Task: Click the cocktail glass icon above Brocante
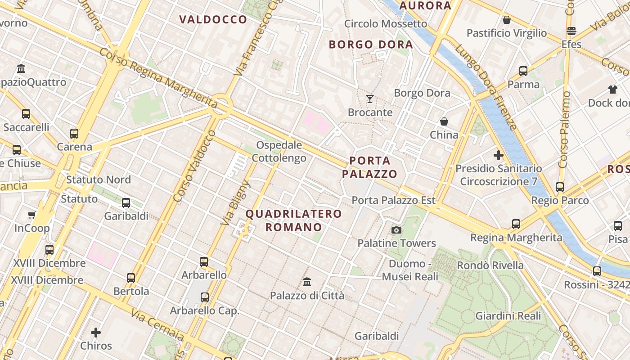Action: point(370,99)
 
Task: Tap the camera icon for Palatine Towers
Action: point(396,230)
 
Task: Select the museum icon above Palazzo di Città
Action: point(307,282)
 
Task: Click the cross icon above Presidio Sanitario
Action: point(498,155)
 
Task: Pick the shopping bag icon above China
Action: point(444,121)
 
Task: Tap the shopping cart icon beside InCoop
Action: point(31,215)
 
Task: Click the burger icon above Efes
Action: point(571,31)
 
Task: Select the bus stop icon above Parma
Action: point(523,71)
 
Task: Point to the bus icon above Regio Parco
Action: point(560,187)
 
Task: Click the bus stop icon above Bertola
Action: point(131,278)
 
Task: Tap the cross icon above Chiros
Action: point(96,333)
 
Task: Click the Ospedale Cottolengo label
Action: point(279,152)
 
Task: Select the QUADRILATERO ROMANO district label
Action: point(294,220)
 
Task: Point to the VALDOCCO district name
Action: point(213,19)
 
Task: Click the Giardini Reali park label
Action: point(508,316)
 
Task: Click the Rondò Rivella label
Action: point(490,265)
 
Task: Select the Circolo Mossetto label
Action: point(385,23)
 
